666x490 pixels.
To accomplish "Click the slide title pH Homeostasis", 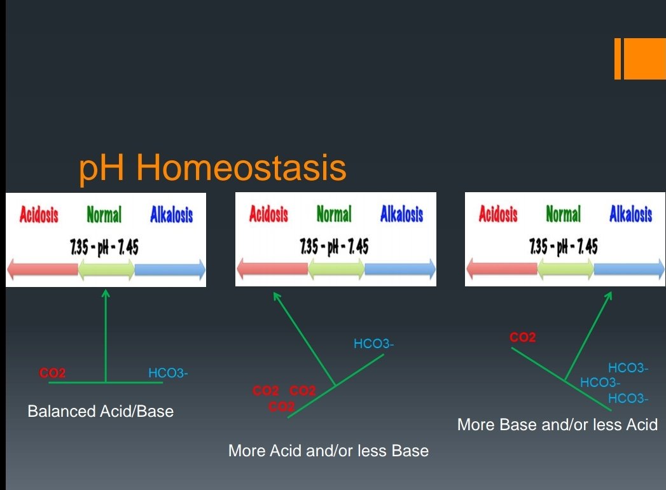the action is (x=212, y=168).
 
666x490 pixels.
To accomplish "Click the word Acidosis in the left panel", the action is (x=39, y=214).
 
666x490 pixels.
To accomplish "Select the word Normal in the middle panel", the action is (x=334, y=213).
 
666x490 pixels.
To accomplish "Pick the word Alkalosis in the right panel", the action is (x=631, y=213).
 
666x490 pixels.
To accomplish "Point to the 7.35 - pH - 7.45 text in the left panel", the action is (x=104, y=247).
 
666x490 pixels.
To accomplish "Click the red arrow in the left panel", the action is (x=43, y=269).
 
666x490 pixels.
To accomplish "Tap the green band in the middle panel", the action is (x=336, y=269).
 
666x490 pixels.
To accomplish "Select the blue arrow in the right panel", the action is (x=629, y=269).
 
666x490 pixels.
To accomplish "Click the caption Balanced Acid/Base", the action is (x=101, y=411).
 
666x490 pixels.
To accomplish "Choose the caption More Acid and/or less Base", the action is (x=328, y=451).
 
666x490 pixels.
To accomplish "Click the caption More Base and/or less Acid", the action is (x=557, y=424).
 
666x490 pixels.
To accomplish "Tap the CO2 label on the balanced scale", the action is (x=52, y=373).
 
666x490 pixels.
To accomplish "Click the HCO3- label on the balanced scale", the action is (x=168, y=373).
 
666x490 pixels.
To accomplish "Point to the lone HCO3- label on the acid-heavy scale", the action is (x=374, y=344).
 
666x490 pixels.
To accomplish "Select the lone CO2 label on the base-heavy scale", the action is (x=522, y=337).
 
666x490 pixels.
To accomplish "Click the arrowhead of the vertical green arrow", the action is (x=106, y=293).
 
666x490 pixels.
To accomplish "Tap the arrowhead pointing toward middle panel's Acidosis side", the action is (x=276, y=295).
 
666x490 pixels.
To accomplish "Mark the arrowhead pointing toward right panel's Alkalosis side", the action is (x=609, y=295).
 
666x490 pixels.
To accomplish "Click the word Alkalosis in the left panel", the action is (x=172, y=214).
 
